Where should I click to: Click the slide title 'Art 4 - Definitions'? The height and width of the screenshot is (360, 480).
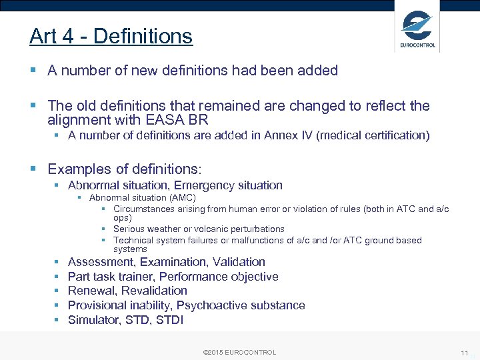(x=111, y=36)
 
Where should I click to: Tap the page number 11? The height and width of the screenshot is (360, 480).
(x=464, y=353)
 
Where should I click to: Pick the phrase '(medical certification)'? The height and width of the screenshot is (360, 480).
(x=373, y=135)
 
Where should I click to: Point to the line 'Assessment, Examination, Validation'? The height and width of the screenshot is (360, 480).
(x=167, y=262)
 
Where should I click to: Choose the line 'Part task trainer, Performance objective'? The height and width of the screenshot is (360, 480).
(x=173, y=277)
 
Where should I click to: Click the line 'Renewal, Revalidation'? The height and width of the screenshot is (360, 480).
(x=127, y=291)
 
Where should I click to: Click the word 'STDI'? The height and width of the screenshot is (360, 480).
(x=169, y=320)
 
